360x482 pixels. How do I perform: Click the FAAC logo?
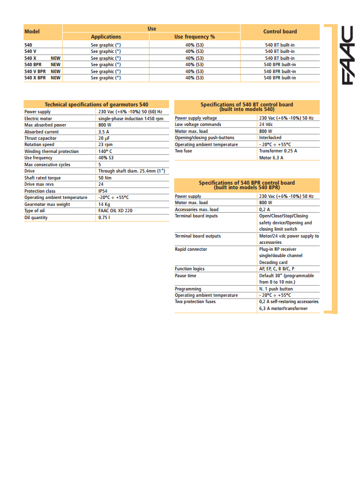click(x=347, y=55)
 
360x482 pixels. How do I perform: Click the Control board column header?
click(x=280, y=32)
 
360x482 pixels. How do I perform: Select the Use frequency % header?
click(x=194, y=37)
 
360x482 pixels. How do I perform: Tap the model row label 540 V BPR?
click(x=35, y=71)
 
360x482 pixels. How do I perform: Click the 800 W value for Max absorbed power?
click(x=105, y=125)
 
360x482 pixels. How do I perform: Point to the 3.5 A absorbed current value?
click(x=104, y=132)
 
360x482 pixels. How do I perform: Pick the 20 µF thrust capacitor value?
click(x=104, y=138)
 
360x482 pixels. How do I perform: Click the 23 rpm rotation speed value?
click(x=105, y=145)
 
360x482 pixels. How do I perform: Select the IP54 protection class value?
click(x=103, y=191)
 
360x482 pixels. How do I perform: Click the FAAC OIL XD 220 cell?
click(x=115, y=211)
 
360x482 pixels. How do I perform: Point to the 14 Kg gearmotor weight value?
click(x=104, y=204)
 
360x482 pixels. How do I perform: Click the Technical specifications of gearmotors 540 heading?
click(x=96, y=105)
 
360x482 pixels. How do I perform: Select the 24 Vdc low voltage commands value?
click(x=266, y=124)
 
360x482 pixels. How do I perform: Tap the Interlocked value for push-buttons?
click(x=270, y=137)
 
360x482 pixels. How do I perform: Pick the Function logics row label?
click(x=190, y=269)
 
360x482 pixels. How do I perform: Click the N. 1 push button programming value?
click(x=276, y=289)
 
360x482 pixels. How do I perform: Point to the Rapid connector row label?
click(x=191, y=249)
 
